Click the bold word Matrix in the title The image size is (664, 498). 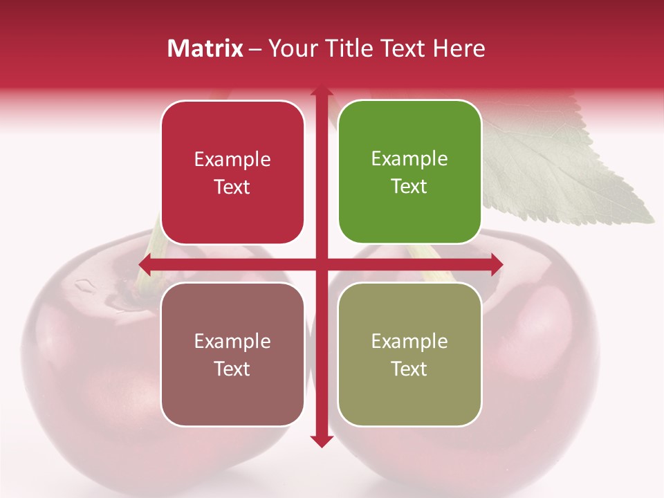click(x=205, y=48)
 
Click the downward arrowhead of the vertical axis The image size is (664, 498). click(x=321, y=441)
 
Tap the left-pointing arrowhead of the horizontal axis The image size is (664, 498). click(x=146, y=264)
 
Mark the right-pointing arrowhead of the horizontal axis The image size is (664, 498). click(x=496, y=264)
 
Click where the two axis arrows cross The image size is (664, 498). click(x=321, y=264)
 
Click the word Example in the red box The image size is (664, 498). click(x=232, y=160)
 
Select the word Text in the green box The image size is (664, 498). click(x=409, y=187)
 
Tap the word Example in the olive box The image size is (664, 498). click(x=409, y=341)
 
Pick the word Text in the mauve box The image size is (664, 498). click(x=232, y=369)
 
